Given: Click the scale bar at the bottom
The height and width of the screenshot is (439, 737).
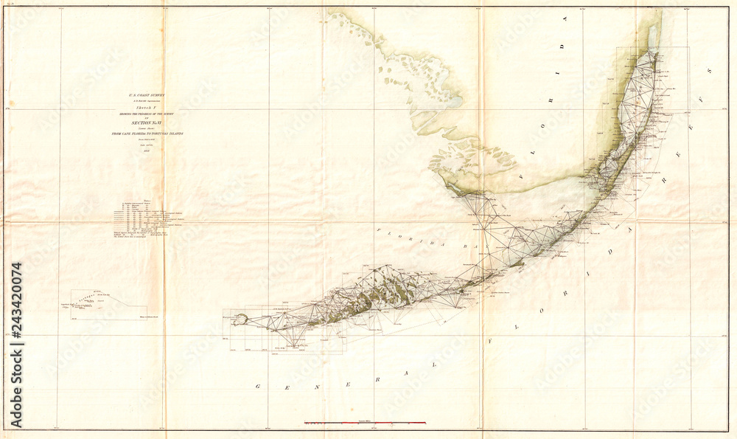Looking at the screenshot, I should pos(366,424).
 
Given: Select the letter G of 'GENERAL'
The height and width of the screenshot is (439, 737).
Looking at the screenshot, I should pos(259,387).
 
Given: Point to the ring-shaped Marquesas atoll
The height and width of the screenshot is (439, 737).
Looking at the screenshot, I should pos(240,319).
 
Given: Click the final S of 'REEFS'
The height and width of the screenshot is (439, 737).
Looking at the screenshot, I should pos(709,72).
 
